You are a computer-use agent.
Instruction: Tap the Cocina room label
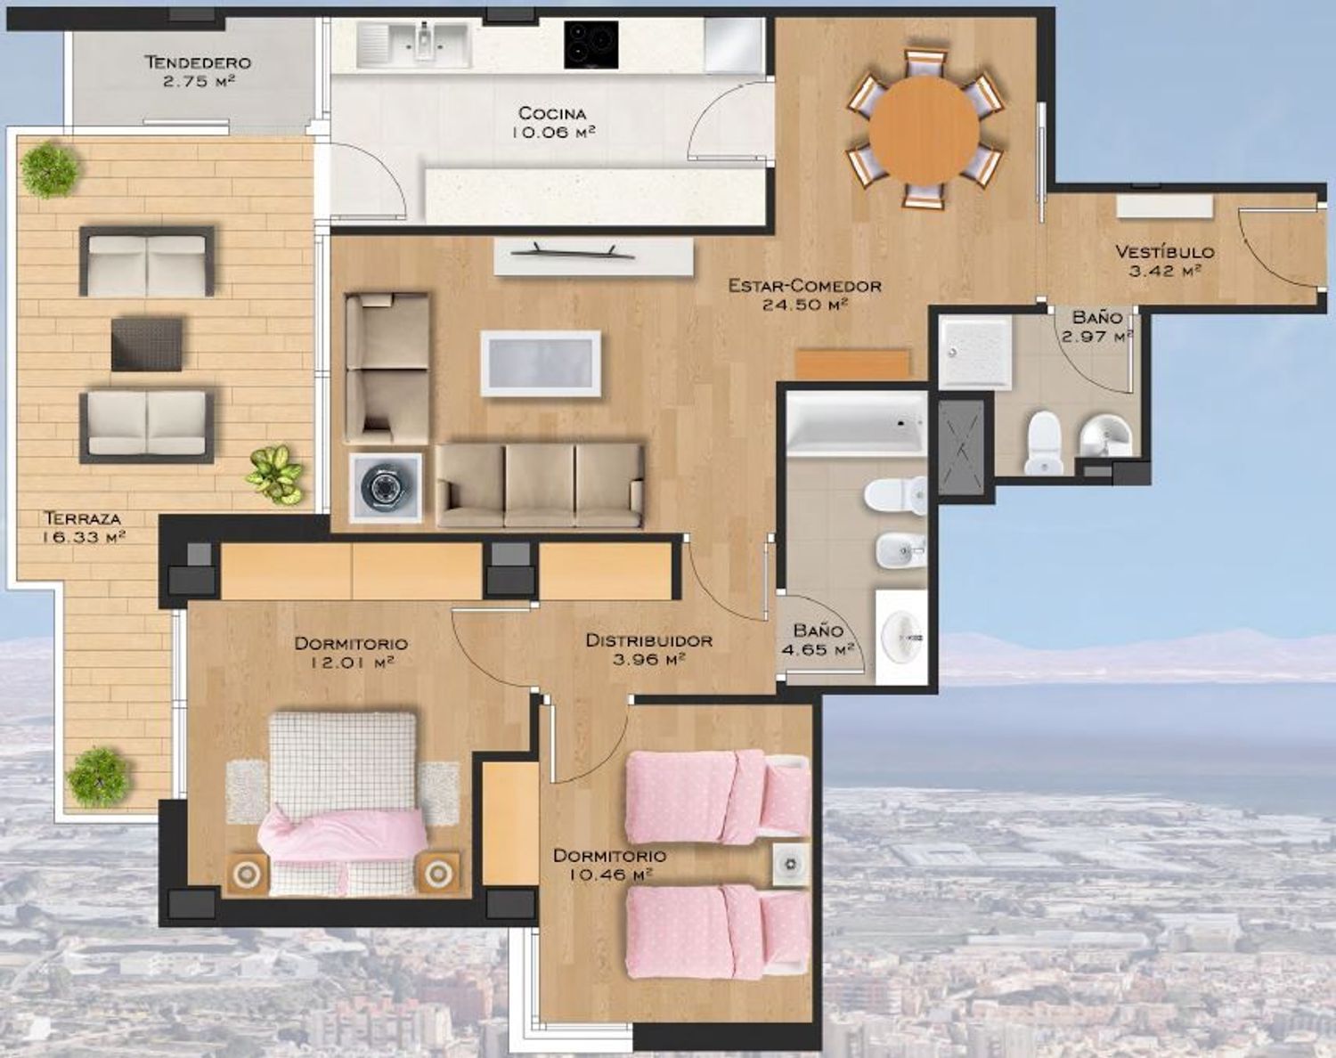552,114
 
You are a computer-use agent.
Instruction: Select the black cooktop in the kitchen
591,45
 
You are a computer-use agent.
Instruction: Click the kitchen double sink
413,45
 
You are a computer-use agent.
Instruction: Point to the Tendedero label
198,62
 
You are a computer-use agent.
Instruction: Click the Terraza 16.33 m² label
84,526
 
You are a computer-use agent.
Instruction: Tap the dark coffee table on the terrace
147,344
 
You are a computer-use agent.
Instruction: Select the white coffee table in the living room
541,363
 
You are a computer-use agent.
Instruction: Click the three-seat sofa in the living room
540,485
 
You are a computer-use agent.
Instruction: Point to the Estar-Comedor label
804,286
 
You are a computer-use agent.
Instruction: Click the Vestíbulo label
1165,251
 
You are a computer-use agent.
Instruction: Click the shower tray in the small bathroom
974,352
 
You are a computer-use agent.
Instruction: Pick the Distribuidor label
648,640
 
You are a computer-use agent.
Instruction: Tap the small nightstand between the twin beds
791,864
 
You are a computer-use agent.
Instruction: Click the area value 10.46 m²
610,875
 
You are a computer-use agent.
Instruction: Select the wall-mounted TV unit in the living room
593,256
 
